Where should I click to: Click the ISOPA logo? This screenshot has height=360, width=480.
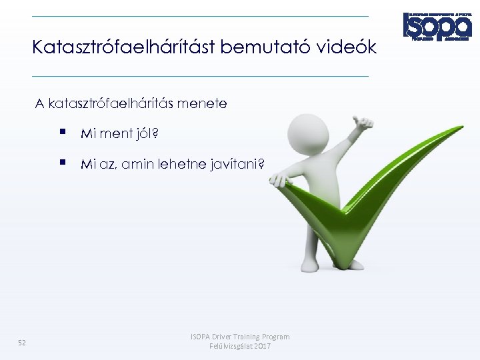[x=437, y=27]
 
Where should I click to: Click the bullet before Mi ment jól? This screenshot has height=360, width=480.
[x=62, y=133]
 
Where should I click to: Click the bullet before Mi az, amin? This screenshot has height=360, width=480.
[x=62, y=162]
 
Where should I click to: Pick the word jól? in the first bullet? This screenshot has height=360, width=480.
[x=147, y=134]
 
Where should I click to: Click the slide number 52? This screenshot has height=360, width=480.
[x=22, y=343]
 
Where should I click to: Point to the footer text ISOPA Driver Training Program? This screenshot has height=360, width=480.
[x=240, y=337]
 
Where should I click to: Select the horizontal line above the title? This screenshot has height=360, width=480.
[x=200, y=16]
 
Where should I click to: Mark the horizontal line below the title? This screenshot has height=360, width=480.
[x=200, y=76]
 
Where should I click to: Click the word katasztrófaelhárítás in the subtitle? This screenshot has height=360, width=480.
[x=119, y=104]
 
